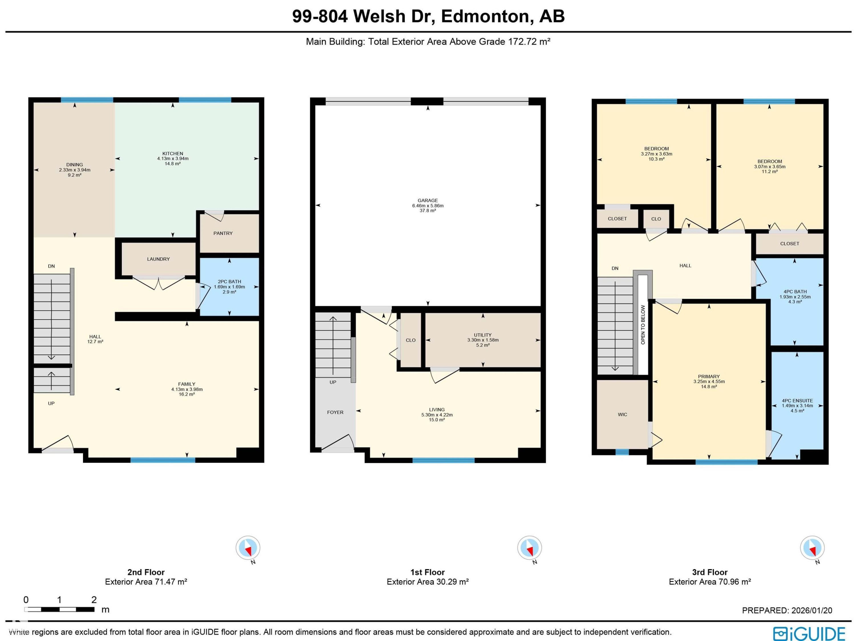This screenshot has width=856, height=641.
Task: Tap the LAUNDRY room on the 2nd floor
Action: pyautogui.click(x=158, y=259)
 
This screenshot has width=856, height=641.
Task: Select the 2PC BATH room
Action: pyautogui.click(x=229, y=287)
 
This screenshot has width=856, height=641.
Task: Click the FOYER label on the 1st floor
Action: pyautogui.click(x=335, y=412)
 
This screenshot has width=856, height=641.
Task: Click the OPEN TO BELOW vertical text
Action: pyautogui.click(x=643, y=325)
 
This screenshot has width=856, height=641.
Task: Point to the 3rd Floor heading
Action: pyautogui.click(x=710, y=572)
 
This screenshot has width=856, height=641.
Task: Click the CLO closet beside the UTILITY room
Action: pyautogui.click(x=411, y=340)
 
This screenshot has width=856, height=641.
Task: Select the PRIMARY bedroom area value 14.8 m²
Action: pyautogui.click(x=709, y=387)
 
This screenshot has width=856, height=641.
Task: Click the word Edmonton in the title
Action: pyautogui.click(x=484, y=17)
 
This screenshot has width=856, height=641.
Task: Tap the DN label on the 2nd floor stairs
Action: pyautogui.click(x=51, y=266)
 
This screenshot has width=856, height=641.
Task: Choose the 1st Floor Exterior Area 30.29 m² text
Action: pyautogui.click(x=428, y=582)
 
